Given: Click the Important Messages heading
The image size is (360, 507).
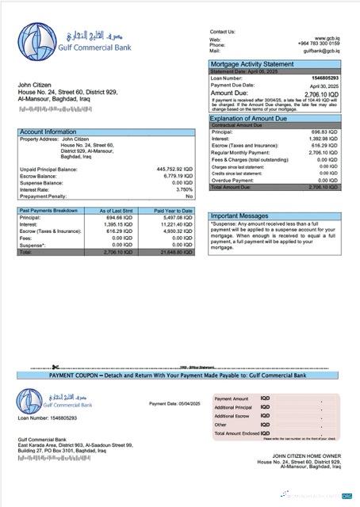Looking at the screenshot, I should point(239,215).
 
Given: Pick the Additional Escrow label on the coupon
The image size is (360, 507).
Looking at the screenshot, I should point(232,416).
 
